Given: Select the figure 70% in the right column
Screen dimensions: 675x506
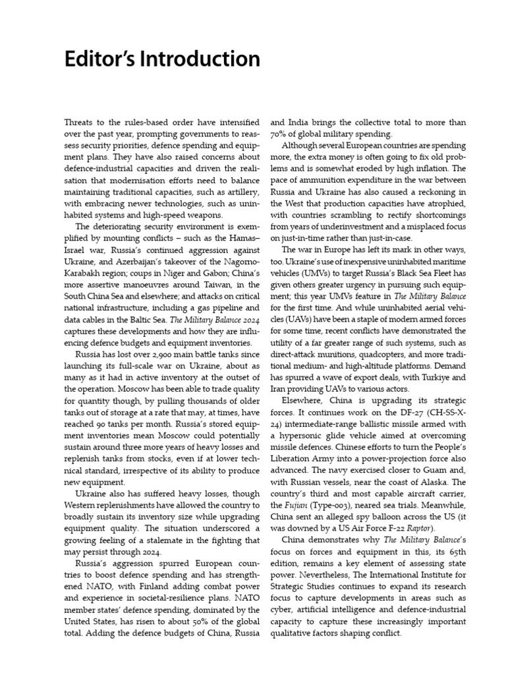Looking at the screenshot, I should pyautogui.click(x=281, y=134).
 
